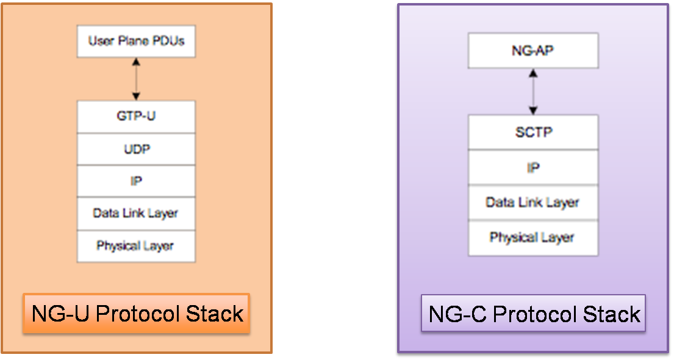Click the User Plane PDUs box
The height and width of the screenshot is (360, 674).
136,41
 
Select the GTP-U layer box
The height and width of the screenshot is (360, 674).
136,117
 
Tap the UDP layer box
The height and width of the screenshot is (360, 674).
136,149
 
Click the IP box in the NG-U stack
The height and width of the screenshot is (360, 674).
136,181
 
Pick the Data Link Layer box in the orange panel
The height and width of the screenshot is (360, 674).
136,214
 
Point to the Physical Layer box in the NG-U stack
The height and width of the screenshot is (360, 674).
136,246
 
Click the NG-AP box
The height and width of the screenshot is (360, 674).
533,51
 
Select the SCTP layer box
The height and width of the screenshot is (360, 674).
533,132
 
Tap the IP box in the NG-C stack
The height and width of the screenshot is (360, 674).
533,167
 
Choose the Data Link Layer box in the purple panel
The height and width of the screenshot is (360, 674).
533,203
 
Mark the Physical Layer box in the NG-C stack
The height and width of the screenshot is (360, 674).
533,238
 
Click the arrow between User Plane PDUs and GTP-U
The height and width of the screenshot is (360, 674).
136,79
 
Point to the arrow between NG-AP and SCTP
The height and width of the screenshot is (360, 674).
533,92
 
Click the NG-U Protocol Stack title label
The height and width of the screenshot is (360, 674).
137,314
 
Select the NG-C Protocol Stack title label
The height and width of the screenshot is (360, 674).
534,313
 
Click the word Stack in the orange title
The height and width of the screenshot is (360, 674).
215,314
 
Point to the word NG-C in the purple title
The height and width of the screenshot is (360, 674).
457,314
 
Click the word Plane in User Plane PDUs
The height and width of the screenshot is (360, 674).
133,41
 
